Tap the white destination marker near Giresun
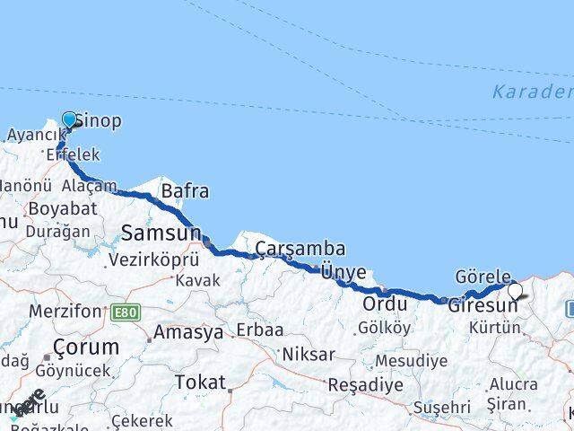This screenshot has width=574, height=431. [515, 291]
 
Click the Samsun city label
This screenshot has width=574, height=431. [161, 233]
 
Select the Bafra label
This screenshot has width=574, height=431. [185, 191]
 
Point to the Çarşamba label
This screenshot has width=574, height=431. [300, 249]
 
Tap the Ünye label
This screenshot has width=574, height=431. [344, 272]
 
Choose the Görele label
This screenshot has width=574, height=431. [483, 277]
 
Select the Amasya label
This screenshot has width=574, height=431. [188, 332]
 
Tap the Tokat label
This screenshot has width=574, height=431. [200, 383]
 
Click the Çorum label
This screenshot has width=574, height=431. [86, 347]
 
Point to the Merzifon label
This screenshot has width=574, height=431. [65, 311]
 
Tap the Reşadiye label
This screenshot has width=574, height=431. [365, 384]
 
